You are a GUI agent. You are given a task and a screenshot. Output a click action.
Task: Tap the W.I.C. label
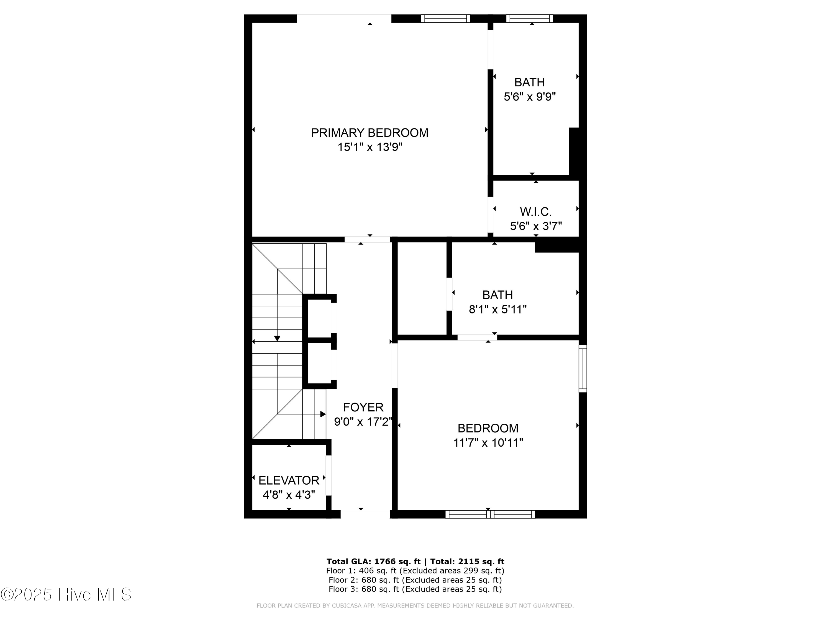[535, 212]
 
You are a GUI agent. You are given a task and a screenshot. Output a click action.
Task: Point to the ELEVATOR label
[289, 480]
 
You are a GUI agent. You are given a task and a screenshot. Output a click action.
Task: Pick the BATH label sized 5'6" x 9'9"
[529, 82]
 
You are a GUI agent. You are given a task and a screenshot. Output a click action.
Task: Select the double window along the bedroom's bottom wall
[490, 514]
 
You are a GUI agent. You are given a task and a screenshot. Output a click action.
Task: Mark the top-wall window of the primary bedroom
[445, 18]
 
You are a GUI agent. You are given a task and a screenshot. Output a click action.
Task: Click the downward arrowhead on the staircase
[277, 338]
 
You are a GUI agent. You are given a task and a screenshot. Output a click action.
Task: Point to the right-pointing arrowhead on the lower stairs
[323, 414]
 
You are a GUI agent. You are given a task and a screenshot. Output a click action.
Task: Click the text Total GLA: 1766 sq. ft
[373, 562]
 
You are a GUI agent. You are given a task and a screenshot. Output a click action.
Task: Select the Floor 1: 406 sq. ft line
[415, 571]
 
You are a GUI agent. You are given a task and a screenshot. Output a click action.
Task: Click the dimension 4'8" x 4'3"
[289, 495]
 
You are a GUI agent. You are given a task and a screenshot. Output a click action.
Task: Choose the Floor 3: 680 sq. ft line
[415, 589]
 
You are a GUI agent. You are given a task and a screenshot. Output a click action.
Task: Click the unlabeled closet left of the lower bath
[422, 289]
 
